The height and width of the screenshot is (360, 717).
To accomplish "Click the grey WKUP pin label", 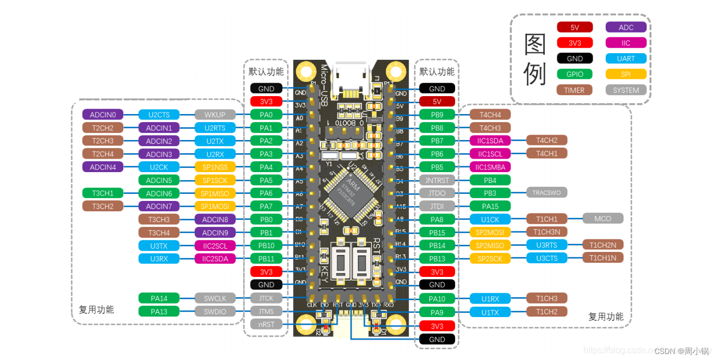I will pyautogui.click(x=215, y=115).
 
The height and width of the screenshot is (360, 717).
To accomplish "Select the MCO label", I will pyautogui.click(x=602, y=218).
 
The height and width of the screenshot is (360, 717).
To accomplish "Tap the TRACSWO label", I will pyautogui.click(x=546, y=192).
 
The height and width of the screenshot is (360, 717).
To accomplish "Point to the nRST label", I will pyautogui.click(x=266, y=324).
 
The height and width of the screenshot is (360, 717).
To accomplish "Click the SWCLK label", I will pyautogui.click(x=215, y=298).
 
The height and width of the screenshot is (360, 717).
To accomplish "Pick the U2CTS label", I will pyautogui.click(x=159, y=115).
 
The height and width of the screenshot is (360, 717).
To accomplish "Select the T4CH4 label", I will pyautogui.click(x=490, y=114).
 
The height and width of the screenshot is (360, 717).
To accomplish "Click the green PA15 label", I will pyautogui.click(x=490, y=206).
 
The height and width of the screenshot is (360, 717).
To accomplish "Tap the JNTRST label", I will pyautogui.click(x=437, y=180).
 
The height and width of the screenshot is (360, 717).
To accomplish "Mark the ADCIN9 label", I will pyautogui.click(x=215, y=232).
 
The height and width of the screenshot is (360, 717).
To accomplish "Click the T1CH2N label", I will pyautogui.click(x=602, y=244).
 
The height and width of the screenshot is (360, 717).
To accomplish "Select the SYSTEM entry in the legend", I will pyautogui.click(x=626, y=90).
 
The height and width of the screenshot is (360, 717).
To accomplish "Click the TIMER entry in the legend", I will pyautogui.click(x=574, y=90).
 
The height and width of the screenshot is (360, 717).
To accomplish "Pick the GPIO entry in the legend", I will pyautogui.click(x=574, y=74).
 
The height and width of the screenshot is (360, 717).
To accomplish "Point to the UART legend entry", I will pyautogui.click(x=626, y=59).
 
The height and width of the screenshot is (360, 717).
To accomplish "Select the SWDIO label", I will pyautogui.click(x=215, y=311).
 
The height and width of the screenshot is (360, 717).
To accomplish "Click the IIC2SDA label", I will pyautogui.click(x=215, y=258).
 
